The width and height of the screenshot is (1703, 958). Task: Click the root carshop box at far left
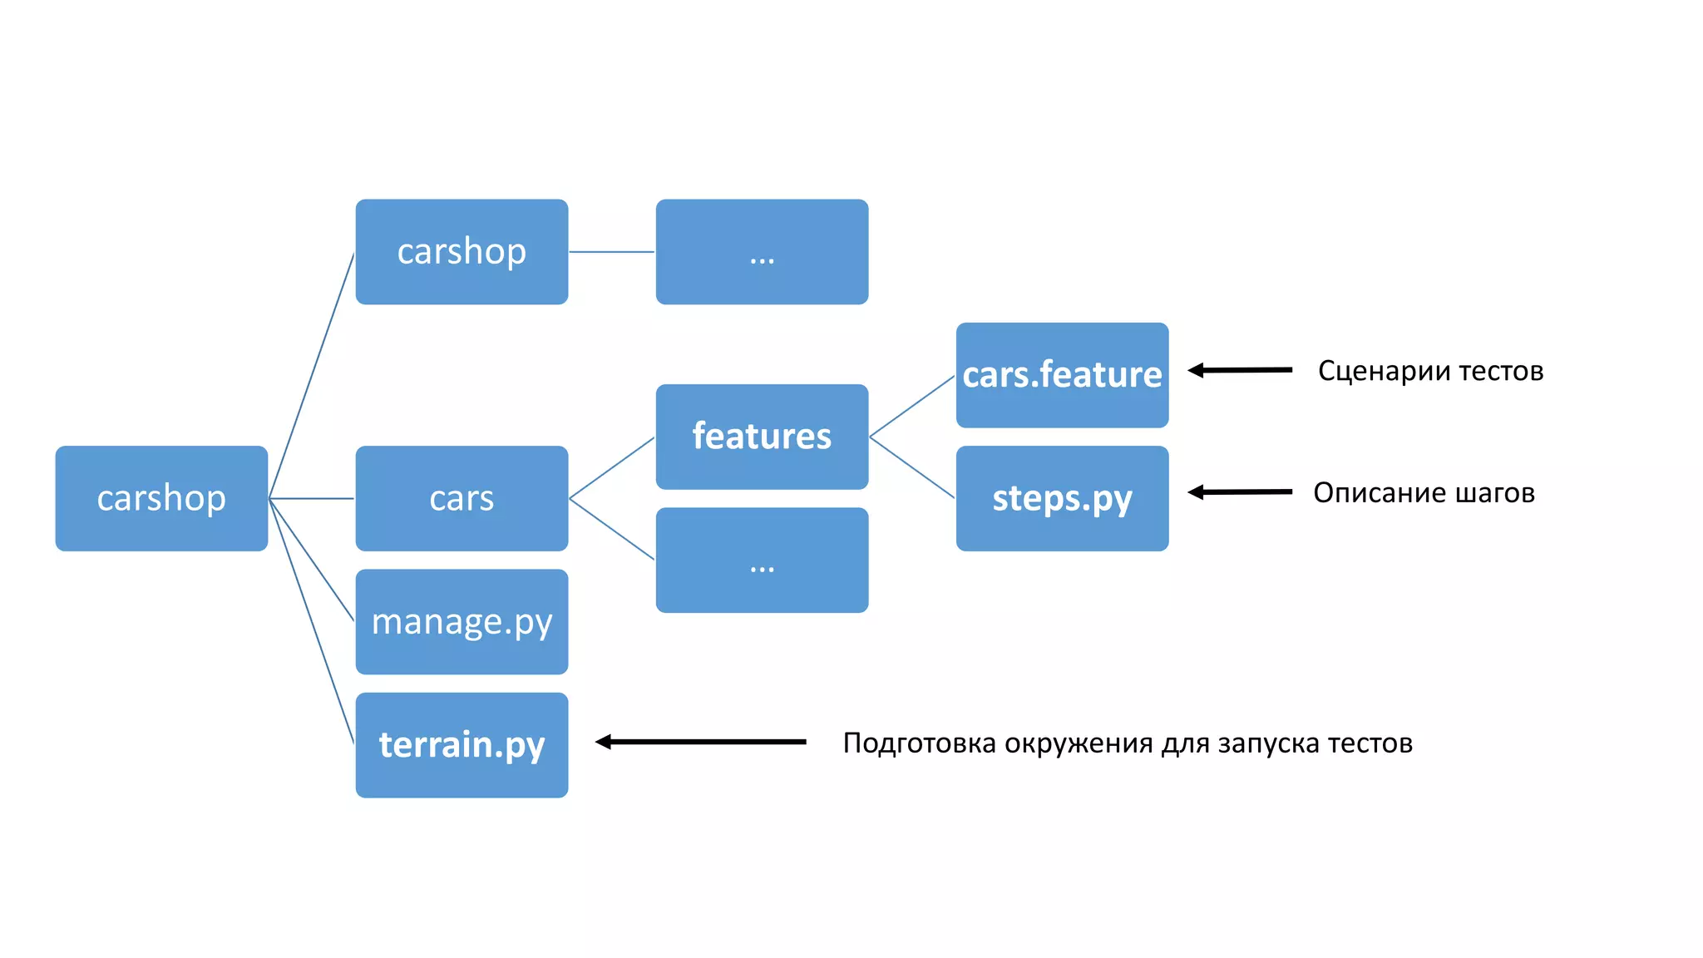click(161, 498)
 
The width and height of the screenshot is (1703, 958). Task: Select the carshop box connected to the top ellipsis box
click(462, 251)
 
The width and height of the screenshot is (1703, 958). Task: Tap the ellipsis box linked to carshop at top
click(762, 251)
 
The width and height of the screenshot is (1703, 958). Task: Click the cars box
click(462, 498)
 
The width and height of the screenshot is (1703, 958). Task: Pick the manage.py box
click(462, 621)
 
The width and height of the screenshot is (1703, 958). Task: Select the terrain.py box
click(462, 744)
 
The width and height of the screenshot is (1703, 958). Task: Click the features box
click(762, 436)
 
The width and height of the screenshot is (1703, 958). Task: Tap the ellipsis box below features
click(762, 560)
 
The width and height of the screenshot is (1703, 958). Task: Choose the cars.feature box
click(1062, 374)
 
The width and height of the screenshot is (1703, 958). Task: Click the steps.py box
click(1062, 498)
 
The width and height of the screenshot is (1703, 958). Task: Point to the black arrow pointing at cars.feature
click(1240, 370)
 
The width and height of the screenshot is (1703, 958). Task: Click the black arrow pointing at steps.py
click(1240, 492)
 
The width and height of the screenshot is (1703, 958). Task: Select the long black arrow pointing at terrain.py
click(701, 742)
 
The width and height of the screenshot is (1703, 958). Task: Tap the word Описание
click(1379, 493)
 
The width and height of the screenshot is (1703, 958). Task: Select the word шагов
click(1495, 493)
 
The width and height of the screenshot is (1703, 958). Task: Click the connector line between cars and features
click(611, 468)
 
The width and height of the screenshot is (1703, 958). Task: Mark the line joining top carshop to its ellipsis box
click(611, 251)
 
